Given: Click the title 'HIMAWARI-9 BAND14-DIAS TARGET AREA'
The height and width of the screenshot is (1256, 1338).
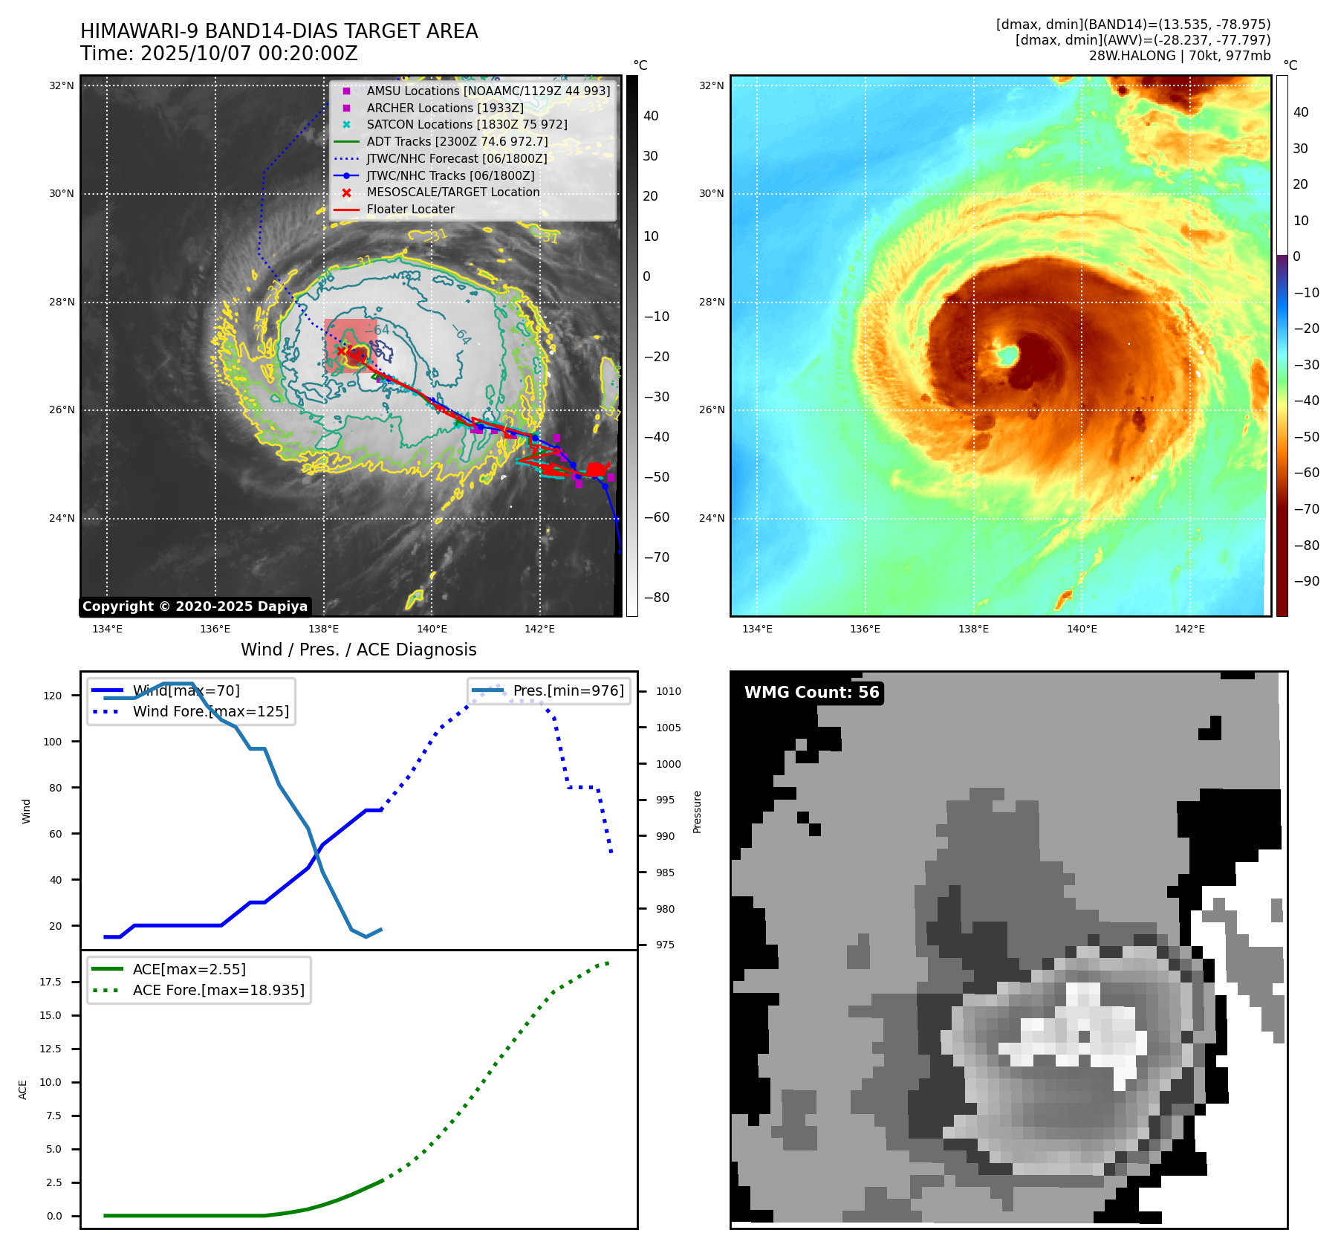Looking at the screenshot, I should pos(279,31).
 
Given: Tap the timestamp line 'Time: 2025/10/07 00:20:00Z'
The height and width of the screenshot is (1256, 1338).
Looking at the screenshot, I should pos(219,54).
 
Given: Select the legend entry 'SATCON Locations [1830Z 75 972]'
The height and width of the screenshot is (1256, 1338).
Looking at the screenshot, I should pos(467,125).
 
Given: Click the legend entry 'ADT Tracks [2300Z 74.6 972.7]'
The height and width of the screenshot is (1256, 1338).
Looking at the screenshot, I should pos(457,142).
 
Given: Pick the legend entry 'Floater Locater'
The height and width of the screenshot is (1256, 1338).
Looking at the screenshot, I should pos(410,210).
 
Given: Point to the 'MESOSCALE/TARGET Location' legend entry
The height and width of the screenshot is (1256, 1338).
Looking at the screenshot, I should pos(452,192).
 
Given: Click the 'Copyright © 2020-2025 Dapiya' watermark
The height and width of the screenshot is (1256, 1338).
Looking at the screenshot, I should pos(195,606).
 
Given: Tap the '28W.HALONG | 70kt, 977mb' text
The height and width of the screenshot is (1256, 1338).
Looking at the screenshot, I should pos(1179,56).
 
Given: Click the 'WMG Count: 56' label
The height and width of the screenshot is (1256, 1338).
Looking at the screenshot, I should pos(811,693).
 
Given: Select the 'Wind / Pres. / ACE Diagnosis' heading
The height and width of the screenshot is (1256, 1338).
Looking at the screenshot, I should pos(358,650).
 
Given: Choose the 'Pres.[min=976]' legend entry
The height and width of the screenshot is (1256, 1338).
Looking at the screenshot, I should pos(568,691).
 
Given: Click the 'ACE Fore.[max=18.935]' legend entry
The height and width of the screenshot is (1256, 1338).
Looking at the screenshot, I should pos(218,991).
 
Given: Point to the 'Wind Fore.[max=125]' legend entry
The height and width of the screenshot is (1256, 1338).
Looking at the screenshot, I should pos(211,712).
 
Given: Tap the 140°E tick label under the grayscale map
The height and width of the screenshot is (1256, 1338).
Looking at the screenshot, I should pos(432,629).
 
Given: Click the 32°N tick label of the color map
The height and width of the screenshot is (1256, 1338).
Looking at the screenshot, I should pos(711,86).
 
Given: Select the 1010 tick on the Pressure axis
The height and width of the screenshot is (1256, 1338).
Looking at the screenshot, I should pos(668,692).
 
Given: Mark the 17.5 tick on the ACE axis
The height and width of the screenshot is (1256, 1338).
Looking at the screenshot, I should pos(51,983).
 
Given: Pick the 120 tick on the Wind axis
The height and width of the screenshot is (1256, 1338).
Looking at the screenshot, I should pos(53,696).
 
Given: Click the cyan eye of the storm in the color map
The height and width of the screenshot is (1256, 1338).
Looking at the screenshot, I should pos(1007,355).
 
